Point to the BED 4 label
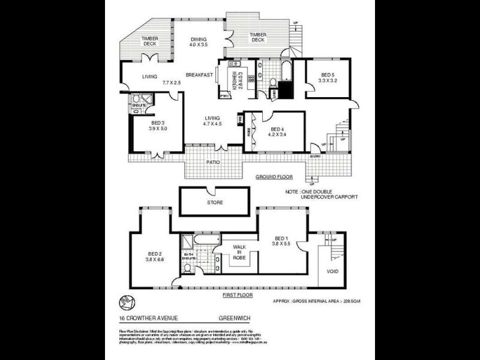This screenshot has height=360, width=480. (x=277, y=129)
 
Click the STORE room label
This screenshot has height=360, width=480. (x=215, y=203)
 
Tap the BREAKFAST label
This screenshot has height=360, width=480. (x=200, y=75)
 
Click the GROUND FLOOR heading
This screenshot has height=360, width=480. (x=273, y=178)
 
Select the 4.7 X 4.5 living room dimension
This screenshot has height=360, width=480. (x=212, y=125)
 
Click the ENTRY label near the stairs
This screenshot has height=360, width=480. (x=314, y=157)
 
